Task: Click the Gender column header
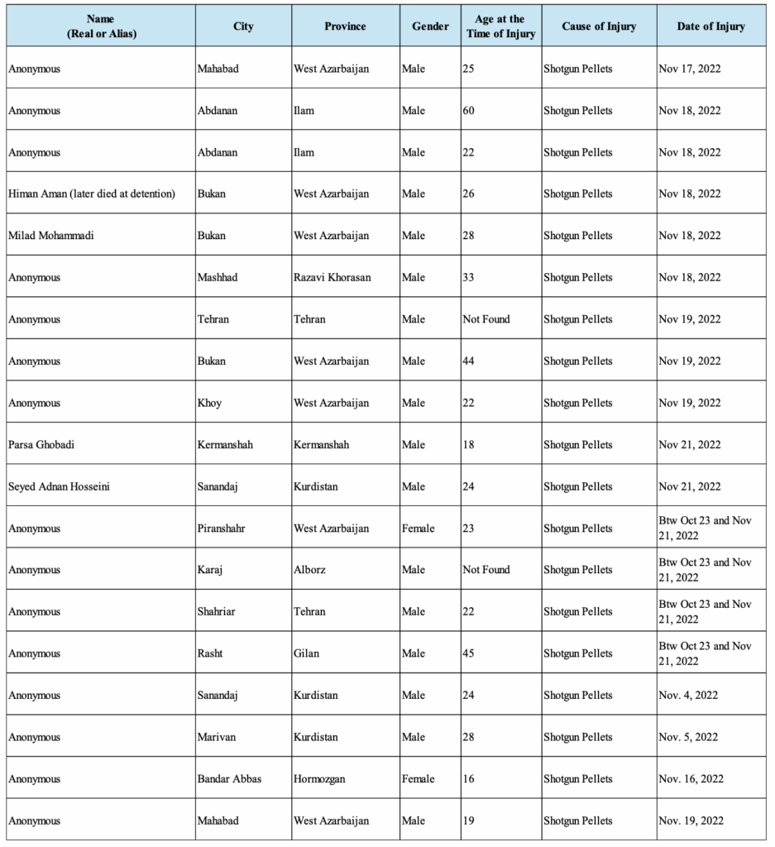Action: pos(430,26)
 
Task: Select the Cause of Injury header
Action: pos(599,26)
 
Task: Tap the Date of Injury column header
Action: pos(710,26)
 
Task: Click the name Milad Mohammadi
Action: pos(51,236)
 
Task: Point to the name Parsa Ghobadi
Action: pos(42,445)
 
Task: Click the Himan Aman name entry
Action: pos(92,194)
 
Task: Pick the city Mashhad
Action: pos(218,277)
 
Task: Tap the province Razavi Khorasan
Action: pos(332,277)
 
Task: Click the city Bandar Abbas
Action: pos(229,779)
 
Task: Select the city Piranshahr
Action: pos(223,529)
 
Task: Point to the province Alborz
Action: pos(311,570)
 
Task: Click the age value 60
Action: pos(468,110)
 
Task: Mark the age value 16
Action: pos(468,779)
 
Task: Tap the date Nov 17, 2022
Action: pos(689,69)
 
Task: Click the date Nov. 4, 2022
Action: pos(688,696)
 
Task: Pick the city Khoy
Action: pos(209,403)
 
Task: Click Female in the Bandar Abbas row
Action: pos(419,779)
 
